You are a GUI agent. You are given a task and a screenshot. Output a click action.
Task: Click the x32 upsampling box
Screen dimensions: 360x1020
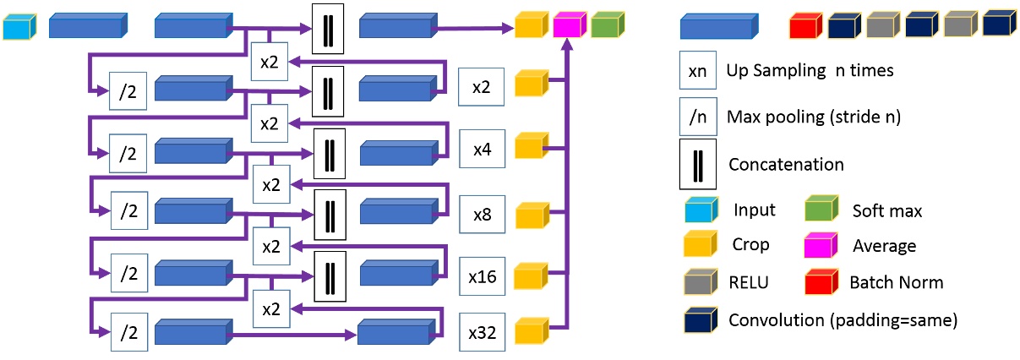coord(482,334)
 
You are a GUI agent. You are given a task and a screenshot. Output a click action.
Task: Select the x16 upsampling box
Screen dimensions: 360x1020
coord(482,275)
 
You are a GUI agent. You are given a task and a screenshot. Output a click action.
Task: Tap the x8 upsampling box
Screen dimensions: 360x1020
coord(482,215)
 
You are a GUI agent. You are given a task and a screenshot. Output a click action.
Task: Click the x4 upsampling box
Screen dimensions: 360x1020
coord(482,149)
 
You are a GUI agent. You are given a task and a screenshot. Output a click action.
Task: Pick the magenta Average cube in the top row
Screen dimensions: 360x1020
coord(569,26)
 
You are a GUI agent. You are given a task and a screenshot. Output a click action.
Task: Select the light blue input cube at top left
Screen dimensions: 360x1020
coord(16,27)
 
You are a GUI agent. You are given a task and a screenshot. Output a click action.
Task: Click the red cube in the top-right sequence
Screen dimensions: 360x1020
coord(805,26)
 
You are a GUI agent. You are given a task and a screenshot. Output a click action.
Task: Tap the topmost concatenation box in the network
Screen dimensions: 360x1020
coord(327,28)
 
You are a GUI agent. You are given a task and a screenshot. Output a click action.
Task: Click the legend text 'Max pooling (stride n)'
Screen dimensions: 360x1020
coord(813,117)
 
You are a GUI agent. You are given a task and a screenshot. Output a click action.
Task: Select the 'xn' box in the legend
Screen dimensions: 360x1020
coord(698,72)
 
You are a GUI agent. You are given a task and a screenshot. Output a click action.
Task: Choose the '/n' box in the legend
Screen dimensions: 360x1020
coord(698,117)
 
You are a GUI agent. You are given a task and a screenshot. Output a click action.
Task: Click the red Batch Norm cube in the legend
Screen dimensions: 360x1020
coord(821,281)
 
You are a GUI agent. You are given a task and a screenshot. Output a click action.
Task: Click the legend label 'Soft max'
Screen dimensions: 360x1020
coord(886,210)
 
